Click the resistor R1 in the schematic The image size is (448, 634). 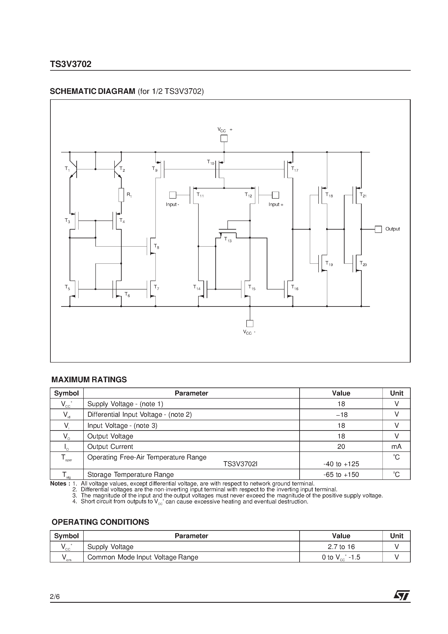click(121, 195)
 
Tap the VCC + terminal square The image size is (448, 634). click(224, 138)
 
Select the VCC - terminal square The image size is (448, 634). click(250, 323)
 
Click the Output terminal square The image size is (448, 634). click(378, 229)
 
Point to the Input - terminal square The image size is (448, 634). click(173, 195)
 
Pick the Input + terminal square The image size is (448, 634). click(275, 195)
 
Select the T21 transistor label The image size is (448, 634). click(363, 195)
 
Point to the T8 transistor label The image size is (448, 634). click(156, 246)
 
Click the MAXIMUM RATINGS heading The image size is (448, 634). click(89, 380)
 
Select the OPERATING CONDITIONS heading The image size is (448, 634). click(100, 522)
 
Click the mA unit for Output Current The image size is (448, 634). click(396, 446)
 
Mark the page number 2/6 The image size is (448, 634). click(55, 596)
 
